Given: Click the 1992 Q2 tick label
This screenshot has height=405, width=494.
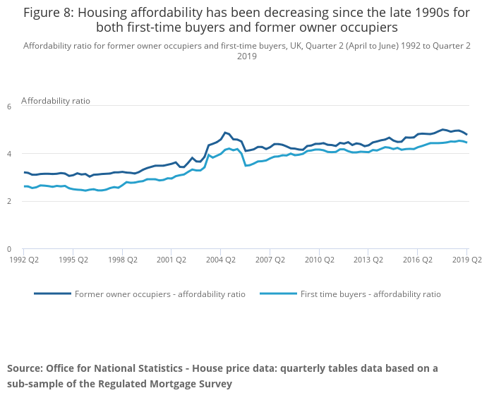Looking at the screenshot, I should coord(23,259).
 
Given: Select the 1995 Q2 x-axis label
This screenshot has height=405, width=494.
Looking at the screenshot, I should coord(73,259).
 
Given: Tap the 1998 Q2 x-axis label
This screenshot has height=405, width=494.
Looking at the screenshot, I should coord(122,259).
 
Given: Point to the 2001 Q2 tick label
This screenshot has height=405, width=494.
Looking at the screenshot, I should coord(171,259).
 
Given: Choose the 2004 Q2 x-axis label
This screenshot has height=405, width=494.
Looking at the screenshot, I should coord(220,259).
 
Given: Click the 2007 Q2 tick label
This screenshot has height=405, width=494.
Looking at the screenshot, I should coord(270,259).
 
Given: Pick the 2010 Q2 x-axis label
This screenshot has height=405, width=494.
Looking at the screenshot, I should coord(318,259).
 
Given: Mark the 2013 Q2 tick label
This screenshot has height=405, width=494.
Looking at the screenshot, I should coord(368,259).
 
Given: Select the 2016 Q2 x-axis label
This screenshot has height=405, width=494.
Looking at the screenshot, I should coord(417,259).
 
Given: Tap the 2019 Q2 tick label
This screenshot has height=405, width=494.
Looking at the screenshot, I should coord(466,259).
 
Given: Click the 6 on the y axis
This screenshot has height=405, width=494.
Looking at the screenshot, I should coord(9,107).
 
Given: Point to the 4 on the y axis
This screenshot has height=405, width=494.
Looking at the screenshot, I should coord(9,154).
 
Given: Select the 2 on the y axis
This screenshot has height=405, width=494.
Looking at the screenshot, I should coord(9,202).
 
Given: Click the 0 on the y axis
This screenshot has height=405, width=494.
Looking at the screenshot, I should coord(9,249).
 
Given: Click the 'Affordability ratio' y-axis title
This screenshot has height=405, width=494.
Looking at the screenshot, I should coord(56,101).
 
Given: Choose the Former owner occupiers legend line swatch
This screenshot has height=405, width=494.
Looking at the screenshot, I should coord(52,293).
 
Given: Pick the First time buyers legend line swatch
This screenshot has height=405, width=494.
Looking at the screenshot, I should coord(278,293).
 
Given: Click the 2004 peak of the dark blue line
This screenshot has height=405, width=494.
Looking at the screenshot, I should coord(224,132).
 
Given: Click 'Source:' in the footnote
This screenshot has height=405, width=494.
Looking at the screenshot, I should coord(25,368).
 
